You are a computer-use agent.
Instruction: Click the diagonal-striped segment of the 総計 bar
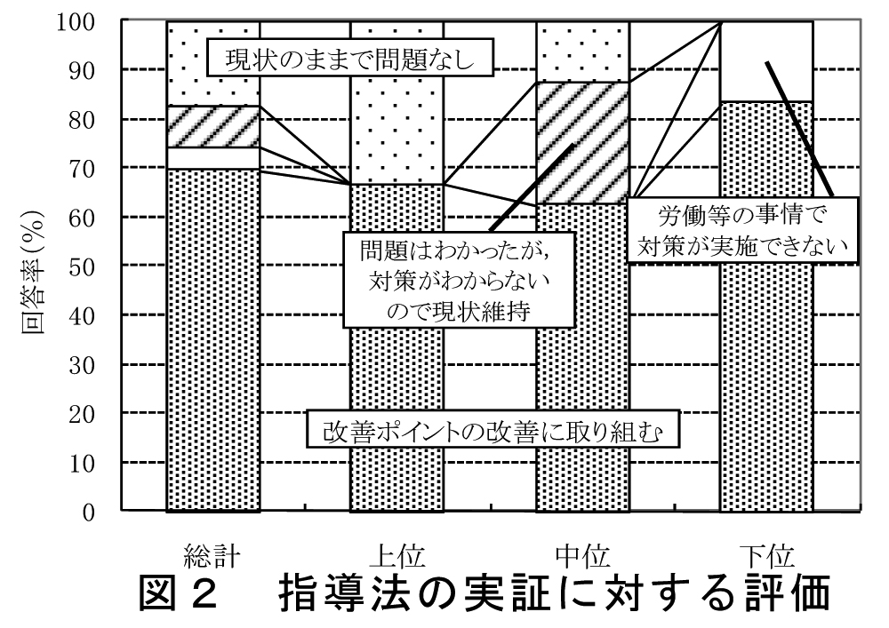pos(212,126)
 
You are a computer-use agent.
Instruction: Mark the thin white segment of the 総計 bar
pos(212,157)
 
